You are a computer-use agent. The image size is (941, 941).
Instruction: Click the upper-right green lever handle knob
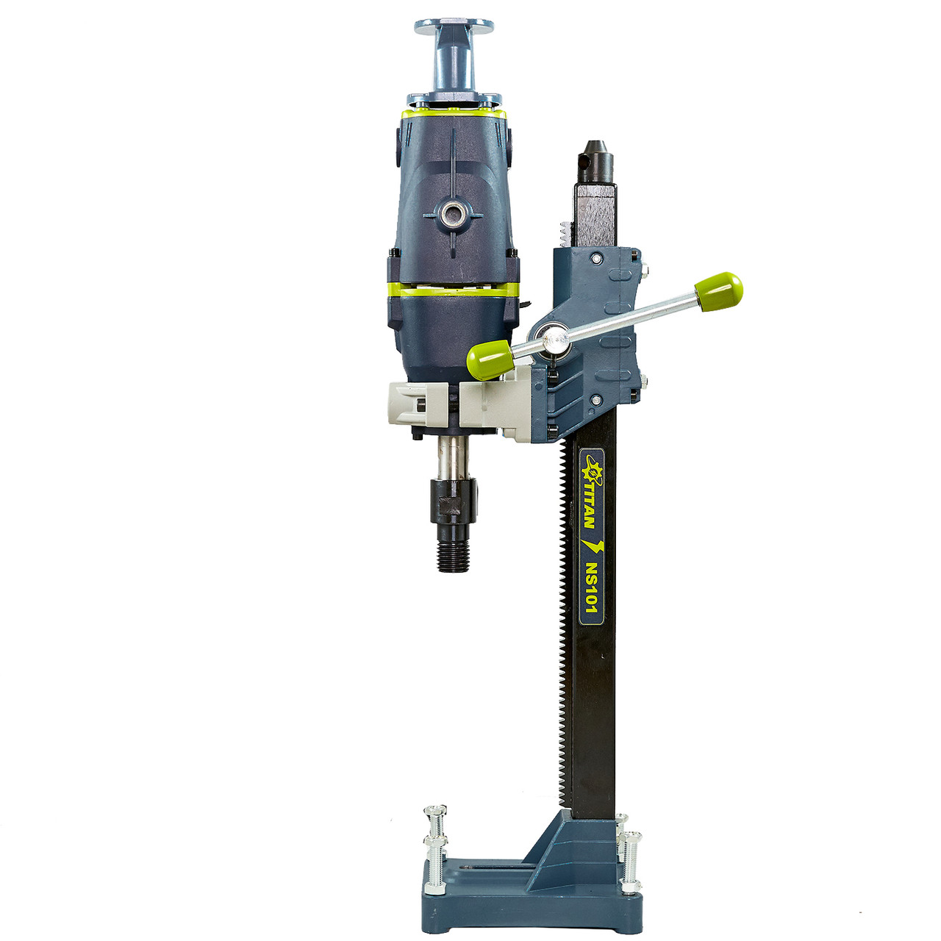[719, 292]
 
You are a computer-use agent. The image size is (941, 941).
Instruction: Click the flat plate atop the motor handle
[454, 27]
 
